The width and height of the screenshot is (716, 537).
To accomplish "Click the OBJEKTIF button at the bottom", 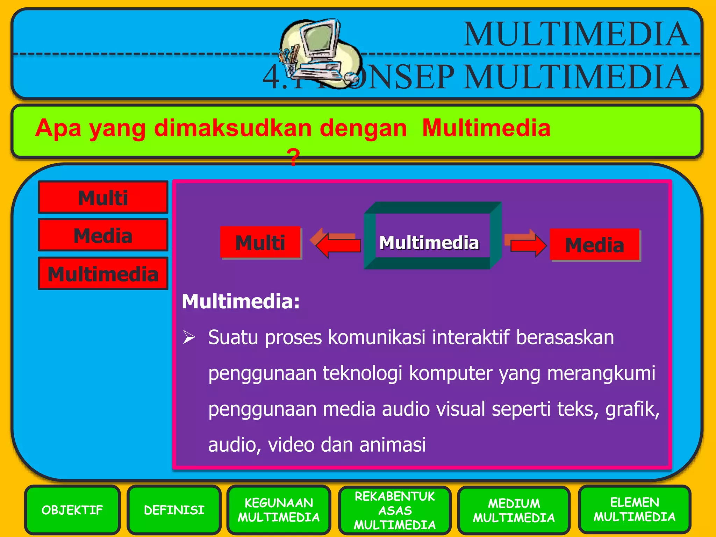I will [x=72, y=510].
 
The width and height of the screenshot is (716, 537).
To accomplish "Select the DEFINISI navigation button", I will [x=174, y=510].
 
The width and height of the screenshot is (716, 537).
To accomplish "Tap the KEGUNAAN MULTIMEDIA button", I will [x=279, y=510].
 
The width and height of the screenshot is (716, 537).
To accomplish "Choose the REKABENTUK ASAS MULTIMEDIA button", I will [x=395, y=510].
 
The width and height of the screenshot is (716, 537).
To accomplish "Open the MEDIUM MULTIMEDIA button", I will [x=514, y=510].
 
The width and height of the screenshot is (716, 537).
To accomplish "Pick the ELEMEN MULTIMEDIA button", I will [x=634, y=509].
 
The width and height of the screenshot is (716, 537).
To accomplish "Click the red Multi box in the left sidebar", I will [x=103, y=198].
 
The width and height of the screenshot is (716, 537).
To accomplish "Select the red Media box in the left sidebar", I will [x=103, y=235].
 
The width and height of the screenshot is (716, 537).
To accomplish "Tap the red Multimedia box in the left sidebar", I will [x=103, y=273].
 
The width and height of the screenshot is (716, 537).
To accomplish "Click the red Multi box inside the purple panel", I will [x=260, y=242].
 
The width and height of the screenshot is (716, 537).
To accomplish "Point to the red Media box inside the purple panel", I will [x=595, y=244].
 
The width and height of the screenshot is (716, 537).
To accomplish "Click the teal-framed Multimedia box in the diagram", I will [x=429, y=242].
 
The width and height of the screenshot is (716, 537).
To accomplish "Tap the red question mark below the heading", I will [x=293, y=157].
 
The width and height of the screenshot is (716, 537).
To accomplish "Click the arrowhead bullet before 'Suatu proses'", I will [x=189, y=337].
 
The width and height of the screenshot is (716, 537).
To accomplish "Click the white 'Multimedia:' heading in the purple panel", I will [x=241, y=301].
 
